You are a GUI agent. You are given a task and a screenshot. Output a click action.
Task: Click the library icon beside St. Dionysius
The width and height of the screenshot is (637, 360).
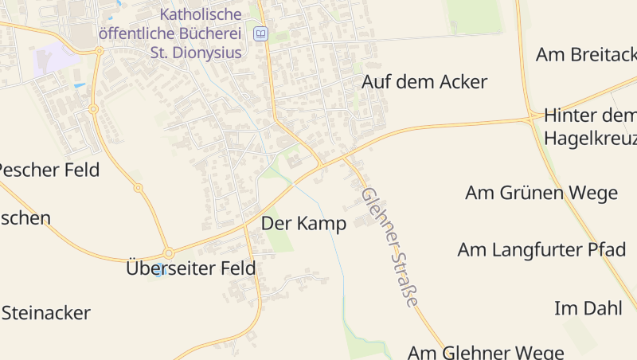pos(260,34)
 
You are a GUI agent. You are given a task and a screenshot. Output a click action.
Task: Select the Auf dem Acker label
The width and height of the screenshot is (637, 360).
pos(424,82)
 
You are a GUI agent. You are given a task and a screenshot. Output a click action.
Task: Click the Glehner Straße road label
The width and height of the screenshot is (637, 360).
pos(389,248)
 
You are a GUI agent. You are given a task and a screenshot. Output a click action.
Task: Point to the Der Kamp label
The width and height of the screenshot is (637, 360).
pos(303,224)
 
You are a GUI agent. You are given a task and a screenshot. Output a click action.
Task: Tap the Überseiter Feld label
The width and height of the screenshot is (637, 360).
pos(191,268)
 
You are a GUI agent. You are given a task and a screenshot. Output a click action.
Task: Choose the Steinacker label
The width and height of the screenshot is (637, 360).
pos(46,313)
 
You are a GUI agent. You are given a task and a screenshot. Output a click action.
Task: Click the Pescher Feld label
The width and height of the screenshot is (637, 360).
pos(49,170)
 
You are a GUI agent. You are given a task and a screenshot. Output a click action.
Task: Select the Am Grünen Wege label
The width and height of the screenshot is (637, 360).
pos(541,193)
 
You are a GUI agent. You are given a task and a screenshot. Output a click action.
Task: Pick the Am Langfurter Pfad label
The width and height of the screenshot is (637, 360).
pos(541,249)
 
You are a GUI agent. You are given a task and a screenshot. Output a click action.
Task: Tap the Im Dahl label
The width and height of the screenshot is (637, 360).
pos(588,308)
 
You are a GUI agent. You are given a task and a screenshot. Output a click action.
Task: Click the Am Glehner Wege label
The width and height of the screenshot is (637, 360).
pos(486,351)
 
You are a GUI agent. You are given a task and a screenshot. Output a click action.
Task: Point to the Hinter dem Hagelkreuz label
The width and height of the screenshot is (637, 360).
pos(589,127)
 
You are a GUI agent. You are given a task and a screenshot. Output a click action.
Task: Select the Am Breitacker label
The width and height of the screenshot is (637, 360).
pos(587,54)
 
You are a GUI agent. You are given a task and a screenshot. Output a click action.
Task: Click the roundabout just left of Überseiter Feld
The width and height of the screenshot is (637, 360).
pos(168,252)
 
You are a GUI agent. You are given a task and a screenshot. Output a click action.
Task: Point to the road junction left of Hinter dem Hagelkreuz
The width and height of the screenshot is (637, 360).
pos(530,119)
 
